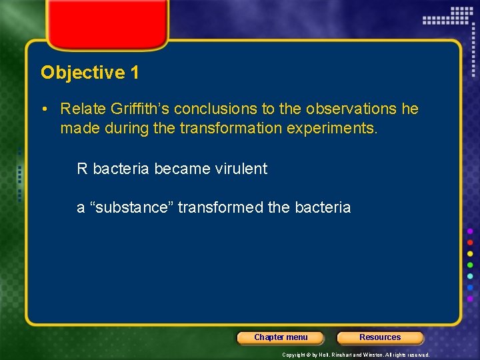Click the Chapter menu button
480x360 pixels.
click(x=281, y=337)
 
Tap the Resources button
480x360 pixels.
click(x=380, y=337)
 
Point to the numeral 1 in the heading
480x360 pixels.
click(x=135, y=73)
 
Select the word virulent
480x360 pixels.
click(x=239, y=169)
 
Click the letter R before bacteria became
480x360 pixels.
click(x=82, y=169)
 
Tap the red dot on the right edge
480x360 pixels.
click(x=470, y=243)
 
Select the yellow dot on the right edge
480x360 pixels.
click(x=470, y=254)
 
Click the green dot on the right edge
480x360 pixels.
click(x=470, y=265)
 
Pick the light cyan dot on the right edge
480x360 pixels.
click(x=470, y=277)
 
